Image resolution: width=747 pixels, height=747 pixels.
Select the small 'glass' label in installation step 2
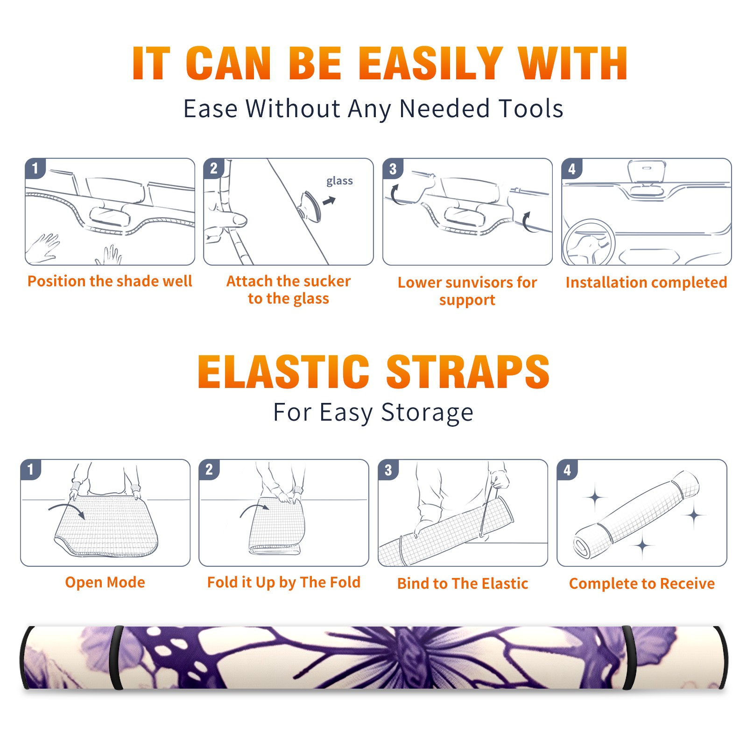[x=339, y=181]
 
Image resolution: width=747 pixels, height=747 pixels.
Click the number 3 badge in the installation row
[x=393, y=169]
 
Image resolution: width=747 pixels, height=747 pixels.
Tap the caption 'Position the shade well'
[x=110, y=281]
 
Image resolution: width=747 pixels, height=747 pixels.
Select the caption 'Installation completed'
[x=646, y=282]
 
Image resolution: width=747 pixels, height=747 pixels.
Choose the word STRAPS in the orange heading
[x=468, y=372]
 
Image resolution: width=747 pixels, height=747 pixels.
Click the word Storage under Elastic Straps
[x=427, y=413]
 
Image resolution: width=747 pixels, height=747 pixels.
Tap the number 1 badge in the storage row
[x=31, y=469]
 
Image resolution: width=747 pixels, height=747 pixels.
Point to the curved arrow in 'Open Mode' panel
[x=66, y=509]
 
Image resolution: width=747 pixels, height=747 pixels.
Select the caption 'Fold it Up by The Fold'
[x=284, y=582]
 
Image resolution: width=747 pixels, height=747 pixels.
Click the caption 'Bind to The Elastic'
[x=463, y=584]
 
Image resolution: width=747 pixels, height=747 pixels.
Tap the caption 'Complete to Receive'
[x=642, y=584]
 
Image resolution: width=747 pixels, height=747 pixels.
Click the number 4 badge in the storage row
[x=567, y=470]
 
